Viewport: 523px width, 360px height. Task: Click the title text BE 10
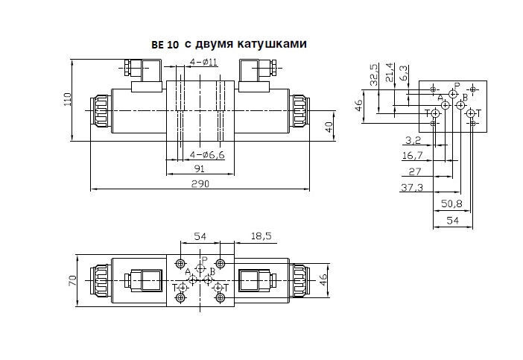(x=164, y=45)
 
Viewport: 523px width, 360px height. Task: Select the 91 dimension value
(x=199, y=168)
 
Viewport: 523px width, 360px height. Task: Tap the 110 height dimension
(x=67, y=99)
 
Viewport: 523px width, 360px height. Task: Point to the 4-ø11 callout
(x=203, y=62)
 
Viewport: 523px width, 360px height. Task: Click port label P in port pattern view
(x=457, y=86)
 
